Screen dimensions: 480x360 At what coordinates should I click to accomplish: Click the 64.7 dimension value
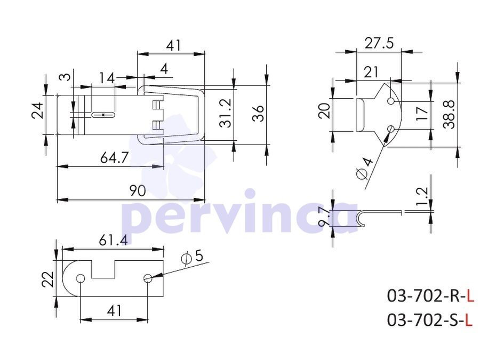coord(114,158)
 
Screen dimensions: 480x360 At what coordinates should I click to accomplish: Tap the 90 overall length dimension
coord(138,191)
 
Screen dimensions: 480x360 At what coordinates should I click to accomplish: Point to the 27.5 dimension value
coord(379,43)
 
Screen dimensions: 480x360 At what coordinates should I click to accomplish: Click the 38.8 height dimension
coord(449,114)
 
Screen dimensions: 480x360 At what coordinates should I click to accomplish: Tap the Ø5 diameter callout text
coord(192,257)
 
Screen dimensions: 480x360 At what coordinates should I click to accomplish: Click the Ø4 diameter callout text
coord(365,169)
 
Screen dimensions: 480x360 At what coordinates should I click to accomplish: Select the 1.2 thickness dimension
coord(422,196)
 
